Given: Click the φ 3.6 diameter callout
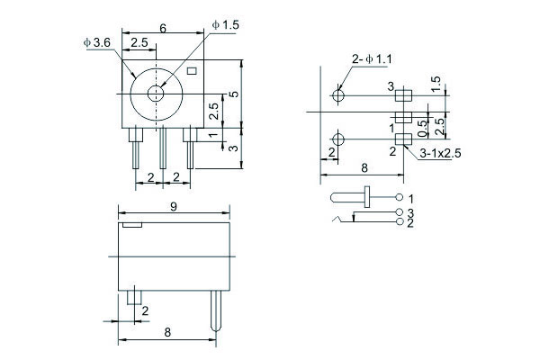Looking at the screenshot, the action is coord(97,42).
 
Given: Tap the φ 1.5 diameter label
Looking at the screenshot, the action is coord(226,25).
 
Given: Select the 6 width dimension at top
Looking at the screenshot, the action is coord(163,28).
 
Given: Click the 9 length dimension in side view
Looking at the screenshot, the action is coord(174,206).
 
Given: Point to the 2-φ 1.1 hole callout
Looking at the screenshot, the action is coord(372,59).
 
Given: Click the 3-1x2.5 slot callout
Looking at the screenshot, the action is coord(440,153).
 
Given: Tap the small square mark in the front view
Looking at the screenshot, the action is coord(192,71).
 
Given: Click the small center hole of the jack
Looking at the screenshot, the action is coord(156,93).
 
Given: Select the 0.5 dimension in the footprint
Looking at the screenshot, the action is coord(421,128).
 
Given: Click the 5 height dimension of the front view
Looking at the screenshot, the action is coord(234,94).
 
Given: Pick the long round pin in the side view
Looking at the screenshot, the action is coord(216,310).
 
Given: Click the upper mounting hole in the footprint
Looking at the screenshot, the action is coord(338,95).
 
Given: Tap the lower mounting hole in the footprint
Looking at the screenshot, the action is coord(338,139).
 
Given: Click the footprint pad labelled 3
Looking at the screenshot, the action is coord(403,95).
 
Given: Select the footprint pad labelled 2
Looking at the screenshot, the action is coord(403,139).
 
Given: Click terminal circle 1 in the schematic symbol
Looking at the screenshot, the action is coord(399,197).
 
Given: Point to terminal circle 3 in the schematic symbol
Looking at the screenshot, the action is coord(400,212).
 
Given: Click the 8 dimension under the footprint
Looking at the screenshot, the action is coord(364,168).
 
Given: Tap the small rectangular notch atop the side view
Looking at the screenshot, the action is coord(132,225).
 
